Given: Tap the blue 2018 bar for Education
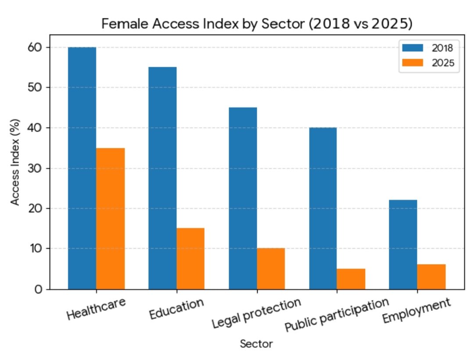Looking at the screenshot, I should tap(162, 178).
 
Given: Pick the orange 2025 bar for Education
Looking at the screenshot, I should tap(190, 259).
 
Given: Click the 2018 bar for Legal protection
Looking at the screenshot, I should tap(243, 198).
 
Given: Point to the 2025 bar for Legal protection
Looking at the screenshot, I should tap(271, 268).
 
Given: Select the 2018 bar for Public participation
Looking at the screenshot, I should tap(323, 208).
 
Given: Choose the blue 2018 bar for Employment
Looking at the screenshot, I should tap(403, 244).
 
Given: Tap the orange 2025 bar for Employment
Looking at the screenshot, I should tap(431, 277).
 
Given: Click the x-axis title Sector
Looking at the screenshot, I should tap(256, 344).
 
